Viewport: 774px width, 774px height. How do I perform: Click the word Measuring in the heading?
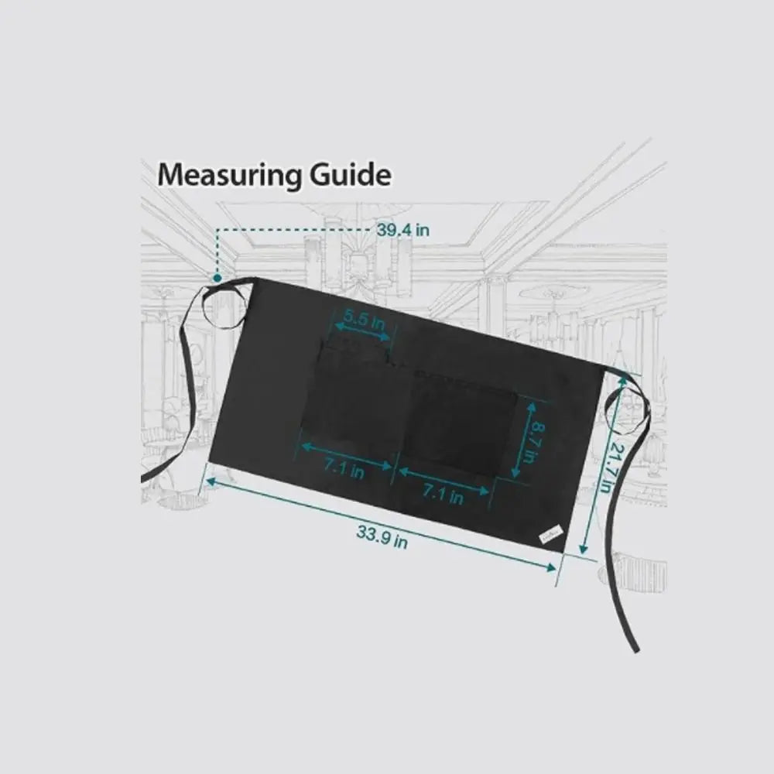pos(229,175)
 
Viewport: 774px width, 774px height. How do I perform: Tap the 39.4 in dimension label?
pos(403,230)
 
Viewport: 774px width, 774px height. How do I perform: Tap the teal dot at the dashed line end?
pos(217,279)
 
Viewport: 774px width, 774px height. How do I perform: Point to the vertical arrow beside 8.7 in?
pos(524,440)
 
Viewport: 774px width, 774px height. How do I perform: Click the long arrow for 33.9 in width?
pos(381,524)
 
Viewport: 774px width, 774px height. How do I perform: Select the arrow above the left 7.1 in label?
pos(347,456)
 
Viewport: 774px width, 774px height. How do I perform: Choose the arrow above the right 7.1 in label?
pos(444,481)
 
